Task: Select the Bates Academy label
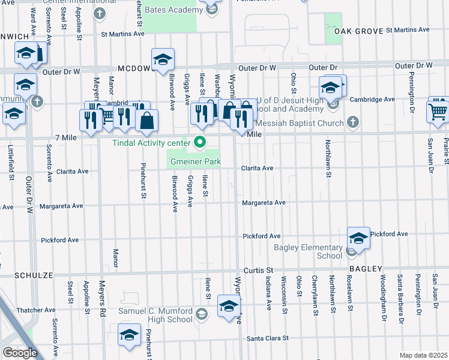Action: [173, 10]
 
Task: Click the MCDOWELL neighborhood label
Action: [136, 69]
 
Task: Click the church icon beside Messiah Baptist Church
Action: [353, 122]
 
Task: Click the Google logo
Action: [20, 353]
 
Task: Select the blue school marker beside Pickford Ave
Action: [358, 238]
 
